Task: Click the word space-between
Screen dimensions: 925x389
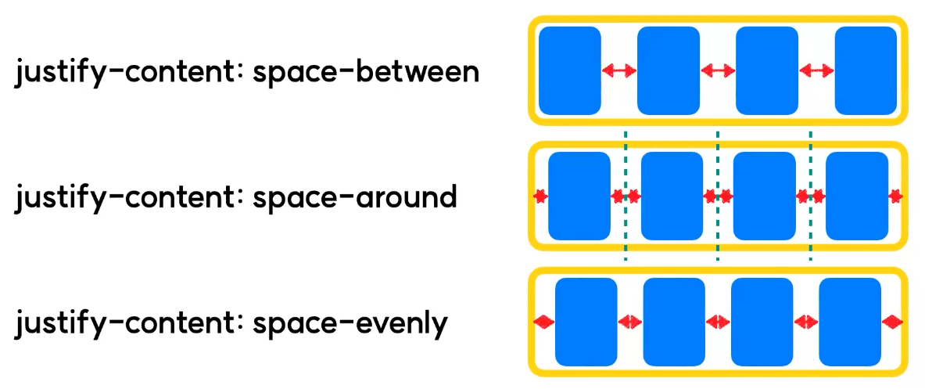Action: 366,72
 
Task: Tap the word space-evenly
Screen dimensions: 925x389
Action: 350,322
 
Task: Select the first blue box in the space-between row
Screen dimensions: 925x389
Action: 570,70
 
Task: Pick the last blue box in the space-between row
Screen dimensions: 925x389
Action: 866,70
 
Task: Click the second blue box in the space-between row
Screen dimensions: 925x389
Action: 669,70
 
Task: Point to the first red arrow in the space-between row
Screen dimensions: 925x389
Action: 619,71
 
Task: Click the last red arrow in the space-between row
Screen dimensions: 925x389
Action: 816,71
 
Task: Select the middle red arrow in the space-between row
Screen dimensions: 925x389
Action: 718,71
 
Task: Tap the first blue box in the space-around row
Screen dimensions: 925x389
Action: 579,196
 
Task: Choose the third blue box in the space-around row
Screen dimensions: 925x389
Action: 764,196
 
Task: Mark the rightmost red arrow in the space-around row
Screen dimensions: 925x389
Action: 896,196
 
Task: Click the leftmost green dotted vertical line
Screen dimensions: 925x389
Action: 626,196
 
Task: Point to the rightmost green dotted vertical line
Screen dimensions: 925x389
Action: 811,196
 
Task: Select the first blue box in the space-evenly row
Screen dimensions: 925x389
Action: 586,321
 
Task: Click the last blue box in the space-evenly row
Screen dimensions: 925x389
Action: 850,321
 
